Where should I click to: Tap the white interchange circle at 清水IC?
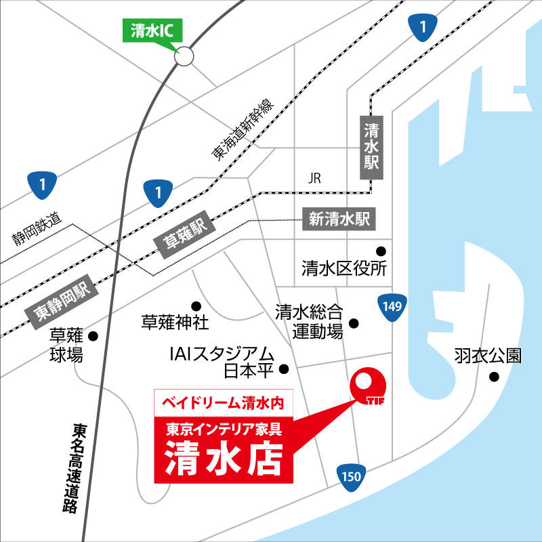184,57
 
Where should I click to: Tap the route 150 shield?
351,476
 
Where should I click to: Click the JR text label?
314,179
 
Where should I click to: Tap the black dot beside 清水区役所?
381,249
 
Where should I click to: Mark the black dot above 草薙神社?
196,305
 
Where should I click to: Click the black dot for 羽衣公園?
495,377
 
